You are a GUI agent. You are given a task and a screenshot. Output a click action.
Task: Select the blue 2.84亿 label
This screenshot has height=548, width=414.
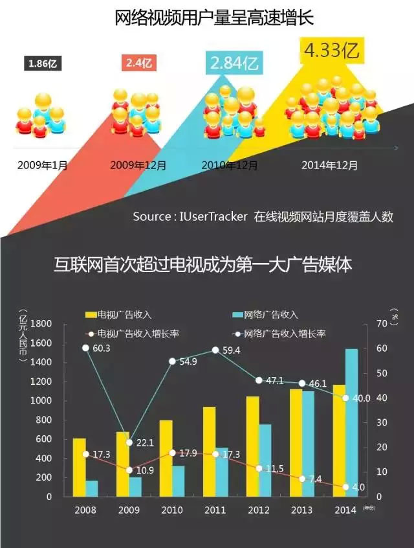[233, 63]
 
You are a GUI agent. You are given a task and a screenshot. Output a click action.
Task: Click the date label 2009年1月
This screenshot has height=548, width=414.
[43, 165]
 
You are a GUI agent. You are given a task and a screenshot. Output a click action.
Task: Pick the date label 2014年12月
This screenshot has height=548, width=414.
[329, 165]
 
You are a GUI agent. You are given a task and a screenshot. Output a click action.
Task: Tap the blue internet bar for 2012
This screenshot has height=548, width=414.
[265, 460]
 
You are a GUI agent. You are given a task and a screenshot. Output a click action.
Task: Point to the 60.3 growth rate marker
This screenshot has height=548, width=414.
[85, 348]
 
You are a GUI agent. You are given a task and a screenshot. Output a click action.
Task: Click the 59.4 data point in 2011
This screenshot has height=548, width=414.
[215, 350]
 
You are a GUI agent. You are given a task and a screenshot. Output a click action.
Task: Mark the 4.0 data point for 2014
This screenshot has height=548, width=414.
[345, 486]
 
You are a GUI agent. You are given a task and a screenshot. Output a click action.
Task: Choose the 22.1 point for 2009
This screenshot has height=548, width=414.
[129, 442]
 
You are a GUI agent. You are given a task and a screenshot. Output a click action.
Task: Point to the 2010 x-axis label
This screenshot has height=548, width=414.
[171, 510]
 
